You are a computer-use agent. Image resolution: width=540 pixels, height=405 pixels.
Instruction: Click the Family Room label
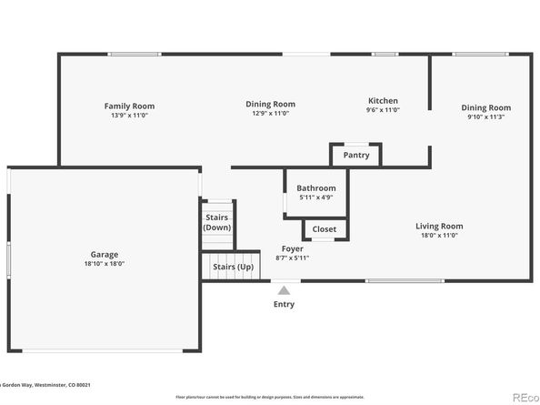tap(123, 106)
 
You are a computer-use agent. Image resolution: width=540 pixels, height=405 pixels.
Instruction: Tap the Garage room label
tap(104, 255)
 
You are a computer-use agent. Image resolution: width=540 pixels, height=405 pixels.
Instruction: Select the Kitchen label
tap(382, 101)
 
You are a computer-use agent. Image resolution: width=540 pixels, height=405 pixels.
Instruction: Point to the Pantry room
tap(355, 156)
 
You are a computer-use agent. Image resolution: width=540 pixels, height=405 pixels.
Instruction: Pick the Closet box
tap(324, 229)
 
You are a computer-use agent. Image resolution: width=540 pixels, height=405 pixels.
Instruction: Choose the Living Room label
tap(439, 226)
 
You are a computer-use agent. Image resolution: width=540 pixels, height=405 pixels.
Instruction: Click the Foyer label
tap(292, 248)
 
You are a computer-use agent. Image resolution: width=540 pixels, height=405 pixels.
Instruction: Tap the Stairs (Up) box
tap(233, 267)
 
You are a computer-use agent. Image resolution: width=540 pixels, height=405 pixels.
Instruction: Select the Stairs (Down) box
tap(217, 223)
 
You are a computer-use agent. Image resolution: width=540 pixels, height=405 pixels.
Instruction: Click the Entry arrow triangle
tap(284, 290)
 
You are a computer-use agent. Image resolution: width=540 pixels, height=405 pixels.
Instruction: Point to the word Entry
tap(284, 304)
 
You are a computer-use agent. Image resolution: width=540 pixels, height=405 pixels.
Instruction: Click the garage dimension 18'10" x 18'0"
tap(104, 264)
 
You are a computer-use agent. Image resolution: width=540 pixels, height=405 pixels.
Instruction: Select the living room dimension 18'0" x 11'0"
tap(439, 235)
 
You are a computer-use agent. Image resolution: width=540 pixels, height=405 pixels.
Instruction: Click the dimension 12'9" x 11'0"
tap(270, 113)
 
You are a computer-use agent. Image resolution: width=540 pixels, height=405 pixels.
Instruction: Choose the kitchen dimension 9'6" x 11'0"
tap(382, 110)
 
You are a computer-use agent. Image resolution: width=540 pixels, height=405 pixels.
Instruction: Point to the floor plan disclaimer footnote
tap(270, 397)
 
